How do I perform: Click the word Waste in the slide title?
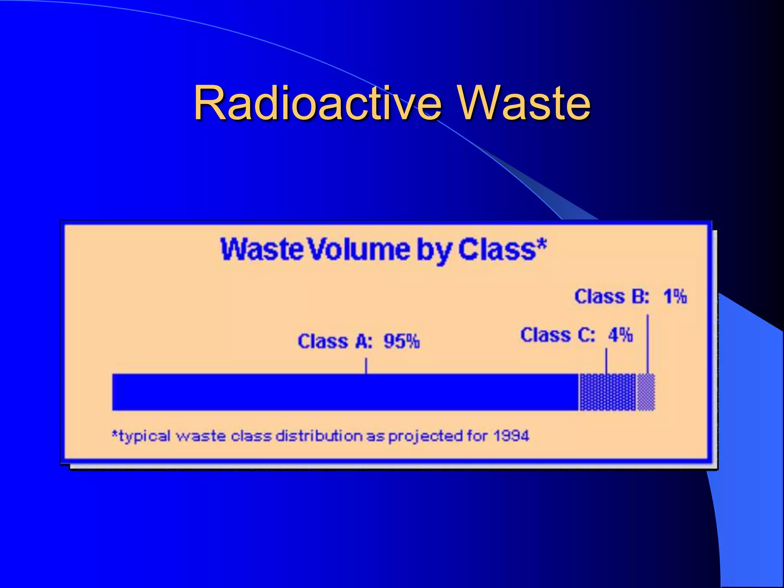[x=524, y=103]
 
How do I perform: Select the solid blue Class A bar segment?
[x=345, y=392]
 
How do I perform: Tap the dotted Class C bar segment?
[x=608, y=392]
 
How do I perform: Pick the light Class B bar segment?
[x=646, y=392]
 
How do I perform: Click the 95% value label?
[x=402, y=341]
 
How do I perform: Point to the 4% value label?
[x=621, y=335]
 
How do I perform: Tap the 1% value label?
[x=675, y=297]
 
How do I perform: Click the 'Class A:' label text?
[x=335, y=341]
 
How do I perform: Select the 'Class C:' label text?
[x=557, y=335]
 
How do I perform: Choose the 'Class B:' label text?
[x=612, y=297]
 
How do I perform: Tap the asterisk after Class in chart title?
[x=542, y=244]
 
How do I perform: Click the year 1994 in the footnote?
[x=511, y=436]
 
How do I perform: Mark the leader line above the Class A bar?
[x=366, y=366]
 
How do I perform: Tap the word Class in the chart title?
[x=497, y=250]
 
